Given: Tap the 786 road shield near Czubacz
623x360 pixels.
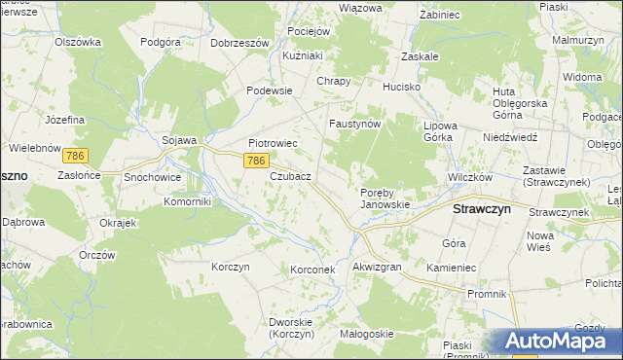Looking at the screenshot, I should point(256,161).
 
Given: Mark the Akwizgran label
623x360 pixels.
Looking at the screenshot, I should point(377,266).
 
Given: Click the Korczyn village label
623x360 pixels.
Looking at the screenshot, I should point(231,266).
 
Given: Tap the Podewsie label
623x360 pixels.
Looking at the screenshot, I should point(270,90).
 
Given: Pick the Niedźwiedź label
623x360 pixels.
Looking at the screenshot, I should point(510,137).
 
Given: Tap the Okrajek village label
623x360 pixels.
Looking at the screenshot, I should point(116,222).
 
